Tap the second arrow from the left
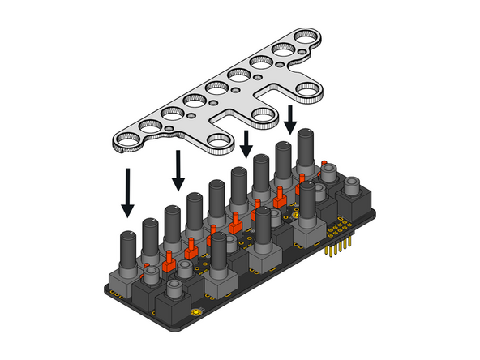click(178, 169)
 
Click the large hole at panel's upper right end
click(306, 36)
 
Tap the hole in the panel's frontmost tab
click(219, 142)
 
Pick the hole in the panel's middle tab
click(264, 115)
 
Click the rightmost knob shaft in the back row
click(306, 147)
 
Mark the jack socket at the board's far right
click(354, 195)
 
